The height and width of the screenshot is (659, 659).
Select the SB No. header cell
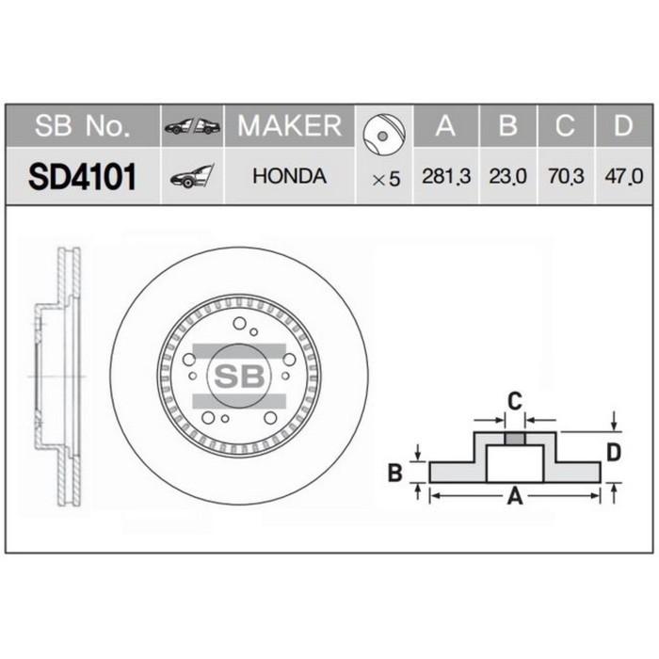[x=82, y=126]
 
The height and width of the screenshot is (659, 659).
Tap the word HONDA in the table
[x=290, y=176]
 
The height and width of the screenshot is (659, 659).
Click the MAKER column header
[x=289, y=126]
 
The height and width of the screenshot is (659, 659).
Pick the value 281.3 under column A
[x=446, y=177]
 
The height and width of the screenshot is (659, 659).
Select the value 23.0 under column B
[x=507, y=177]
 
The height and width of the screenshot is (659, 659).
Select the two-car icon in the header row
[x=192, y=127]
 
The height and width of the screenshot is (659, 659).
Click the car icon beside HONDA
[x=192, y=176]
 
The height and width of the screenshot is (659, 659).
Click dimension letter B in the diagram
[x=396, y=473]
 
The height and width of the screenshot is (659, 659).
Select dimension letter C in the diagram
[x=514, y=402]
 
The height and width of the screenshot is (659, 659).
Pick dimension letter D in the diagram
[x=613, y=453]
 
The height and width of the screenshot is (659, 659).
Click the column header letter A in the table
[x=446, y=126]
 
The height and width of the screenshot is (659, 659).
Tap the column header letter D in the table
[x=622, y=126]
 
